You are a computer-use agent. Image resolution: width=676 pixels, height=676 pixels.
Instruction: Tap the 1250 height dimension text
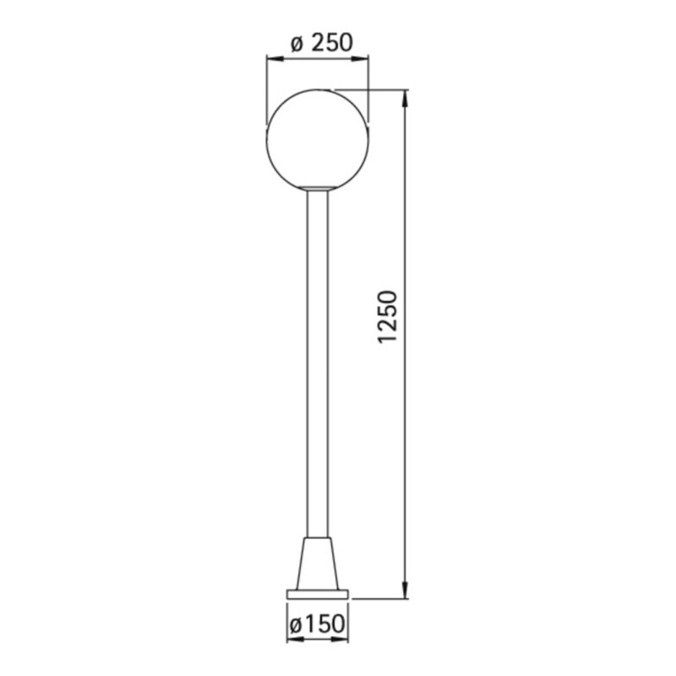point(387,316)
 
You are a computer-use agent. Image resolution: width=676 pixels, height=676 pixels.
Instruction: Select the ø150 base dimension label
point(318,624)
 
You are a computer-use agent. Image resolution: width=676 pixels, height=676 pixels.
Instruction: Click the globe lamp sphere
point(318,139)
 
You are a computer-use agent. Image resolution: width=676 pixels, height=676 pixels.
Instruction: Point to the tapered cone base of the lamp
point(318,564)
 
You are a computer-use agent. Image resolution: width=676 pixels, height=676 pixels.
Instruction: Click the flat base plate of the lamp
point(318,595)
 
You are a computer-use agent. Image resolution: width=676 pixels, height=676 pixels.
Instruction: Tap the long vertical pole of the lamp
point(318,363)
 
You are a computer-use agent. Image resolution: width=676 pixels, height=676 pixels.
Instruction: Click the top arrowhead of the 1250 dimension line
point(405,98)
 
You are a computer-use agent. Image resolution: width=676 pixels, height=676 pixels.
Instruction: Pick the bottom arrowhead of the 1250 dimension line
point(405,590)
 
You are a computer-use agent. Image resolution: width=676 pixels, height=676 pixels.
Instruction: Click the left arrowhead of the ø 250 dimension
point(275,58)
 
